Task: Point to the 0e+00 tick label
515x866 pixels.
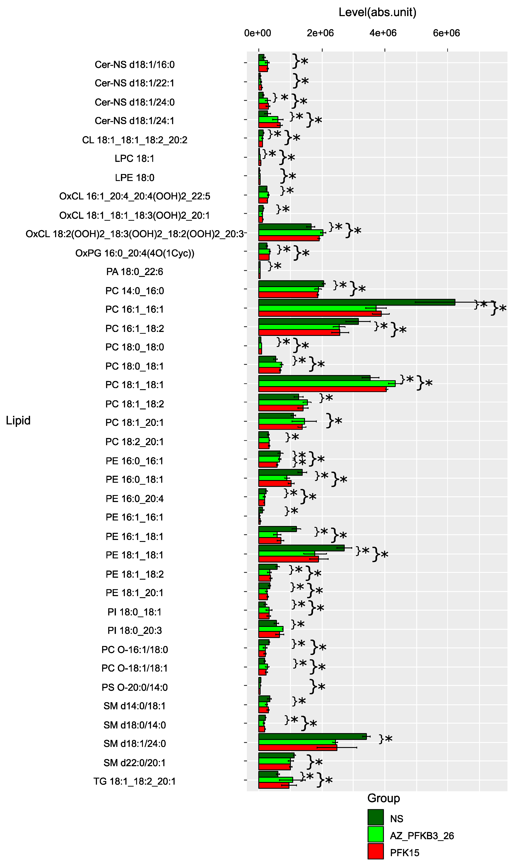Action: click(x=258, y=33)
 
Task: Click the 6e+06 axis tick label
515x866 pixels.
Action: click(x=446, y=33)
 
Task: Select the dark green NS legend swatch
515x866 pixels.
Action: click(x=375, y=817)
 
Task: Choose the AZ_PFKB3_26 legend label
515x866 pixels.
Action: click(x=422, y=835)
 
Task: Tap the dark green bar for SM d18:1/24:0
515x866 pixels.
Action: click(x=312, y=736)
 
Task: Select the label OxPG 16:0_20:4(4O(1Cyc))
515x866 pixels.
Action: click(x=135, y=253)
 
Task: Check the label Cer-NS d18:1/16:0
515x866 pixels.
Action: click(x=135, y=65)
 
